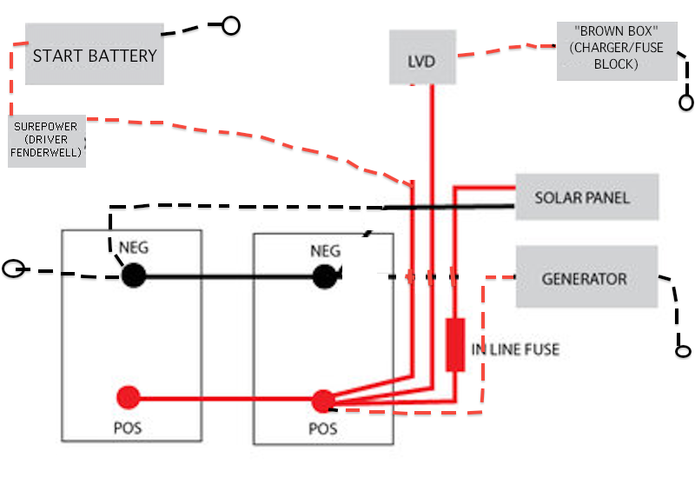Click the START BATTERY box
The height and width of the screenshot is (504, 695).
coord(95,54)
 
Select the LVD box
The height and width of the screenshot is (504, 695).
coord(422,57)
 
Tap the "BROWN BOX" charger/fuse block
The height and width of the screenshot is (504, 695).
coord(617,51)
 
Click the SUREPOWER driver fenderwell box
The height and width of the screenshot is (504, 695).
coord(47,141)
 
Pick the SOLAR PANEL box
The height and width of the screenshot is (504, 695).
coord(587,196)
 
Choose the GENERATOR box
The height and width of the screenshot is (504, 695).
coord(586,277)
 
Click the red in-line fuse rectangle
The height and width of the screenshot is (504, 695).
coord(455,344)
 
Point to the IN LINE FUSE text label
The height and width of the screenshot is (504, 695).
coord(515,349)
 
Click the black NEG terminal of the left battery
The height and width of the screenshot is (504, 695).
coord(134,275)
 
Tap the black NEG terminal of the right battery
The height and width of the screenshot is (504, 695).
coord(325,276)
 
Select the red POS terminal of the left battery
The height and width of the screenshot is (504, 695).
coord(128,397)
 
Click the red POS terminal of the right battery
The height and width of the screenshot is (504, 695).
coord(323,401)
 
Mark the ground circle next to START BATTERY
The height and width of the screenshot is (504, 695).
coord(231,25)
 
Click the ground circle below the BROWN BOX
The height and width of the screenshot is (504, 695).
coord(686,103)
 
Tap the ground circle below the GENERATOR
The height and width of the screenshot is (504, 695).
coord(683,351)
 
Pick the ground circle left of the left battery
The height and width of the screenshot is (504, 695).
coord(13,269)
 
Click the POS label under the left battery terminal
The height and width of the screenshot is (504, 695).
coord(128,428)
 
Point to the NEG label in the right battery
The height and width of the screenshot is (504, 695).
coord(325,251)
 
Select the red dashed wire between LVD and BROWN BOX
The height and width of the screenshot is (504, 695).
coord(506,50)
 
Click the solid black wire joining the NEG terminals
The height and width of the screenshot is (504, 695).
coord(229,276)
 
